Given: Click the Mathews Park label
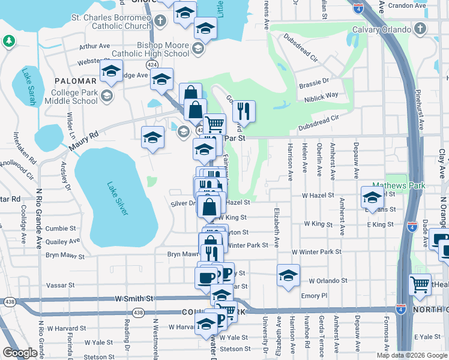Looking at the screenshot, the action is click(391, 186).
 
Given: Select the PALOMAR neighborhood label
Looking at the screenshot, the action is click(75, 80).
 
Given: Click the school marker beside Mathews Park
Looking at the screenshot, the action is click(372, 196).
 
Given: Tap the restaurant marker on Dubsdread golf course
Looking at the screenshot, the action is click(244, 110).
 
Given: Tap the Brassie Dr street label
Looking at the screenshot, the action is click(318, 80).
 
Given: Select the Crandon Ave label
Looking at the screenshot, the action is click(406, 5).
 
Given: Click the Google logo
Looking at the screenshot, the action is click(20, 353).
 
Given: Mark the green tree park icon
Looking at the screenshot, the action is click(8, 41).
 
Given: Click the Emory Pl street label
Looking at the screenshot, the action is click(315, 296).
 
